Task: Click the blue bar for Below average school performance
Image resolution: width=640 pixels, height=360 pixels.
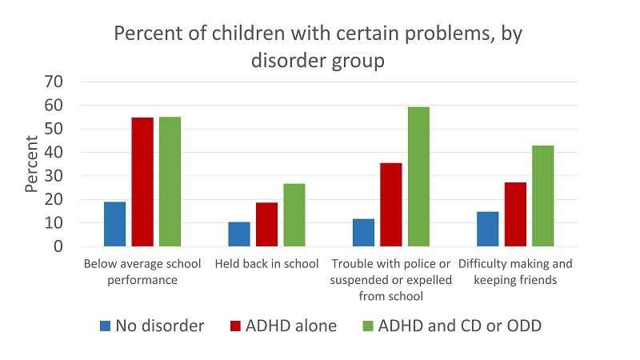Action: (x=115, y=224)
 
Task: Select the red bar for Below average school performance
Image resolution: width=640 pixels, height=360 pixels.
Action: (x=142, y=182)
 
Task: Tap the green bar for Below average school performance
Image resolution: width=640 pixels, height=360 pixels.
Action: (x=170, y=182)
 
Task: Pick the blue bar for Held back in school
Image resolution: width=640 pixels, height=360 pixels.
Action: (x=239, y=234)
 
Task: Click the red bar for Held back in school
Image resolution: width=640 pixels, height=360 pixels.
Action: (x=266, y=225)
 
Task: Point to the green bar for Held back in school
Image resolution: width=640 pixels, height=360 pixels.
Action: (x=294, y=215)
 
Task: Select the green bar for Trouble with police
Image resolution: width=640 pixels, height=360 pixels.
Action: (x=418, y=177)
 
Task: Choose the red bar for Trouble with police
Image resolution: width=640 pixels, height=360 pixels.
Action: (x=391, y=205)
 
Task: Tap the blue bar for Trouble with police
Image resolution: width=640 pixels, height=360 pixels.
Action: (x=364, y=233)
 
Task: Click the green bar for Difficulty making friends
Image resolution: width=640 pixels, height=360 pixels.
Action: (x=542, y=196)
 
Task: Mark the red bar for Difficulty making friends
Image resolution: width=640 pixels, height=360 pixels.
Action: (x=515, y=214)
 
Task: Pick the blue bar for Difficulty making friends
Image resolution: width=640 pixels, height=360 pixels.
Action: (x=488, y=229)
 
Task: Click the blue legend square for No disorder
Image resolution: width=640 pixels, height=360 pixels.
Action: (x=106, y=326)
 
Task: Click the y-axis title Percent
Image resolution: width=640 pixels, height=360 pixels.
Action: (x=32, y=164)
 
